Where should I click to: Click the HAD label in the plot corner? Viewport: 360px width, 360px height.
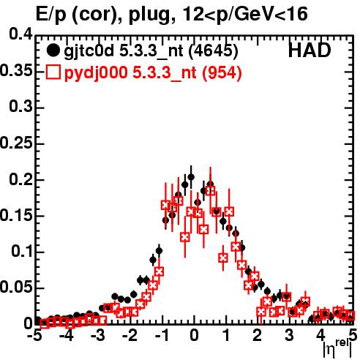click(310, 50)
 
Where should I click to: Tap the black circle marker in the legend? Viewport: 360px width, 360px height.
click(53, 50)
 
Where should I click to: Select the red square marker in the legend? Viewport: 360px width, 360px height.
click(53, 72)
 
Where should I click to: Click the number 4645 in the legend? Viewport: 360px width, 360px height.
click(213, 50)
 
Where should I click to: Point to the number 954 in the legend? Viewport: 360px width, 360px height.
click(222, 72)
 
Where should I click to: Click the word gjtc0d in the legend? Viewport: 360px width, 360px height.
click(89, 51)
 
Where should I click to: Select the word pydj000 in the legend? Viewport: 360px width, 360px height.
click(96, 73)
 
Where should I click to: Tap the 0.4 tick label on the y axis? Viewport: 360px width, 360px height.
click(20, 34)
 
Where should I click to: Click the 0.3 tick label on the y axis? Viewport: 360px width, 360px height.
click(20, 107)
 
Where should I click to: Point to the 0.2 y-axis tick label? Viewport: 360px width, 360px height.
click(20, 179)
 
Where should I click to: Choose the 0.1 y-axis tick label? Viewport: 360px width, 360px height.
click(22, 251)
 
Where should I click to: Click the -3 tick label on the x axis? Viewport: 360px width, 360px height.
click(97, 336)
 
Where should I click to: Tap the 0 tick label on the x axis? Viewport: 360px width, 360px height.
click(194, 336)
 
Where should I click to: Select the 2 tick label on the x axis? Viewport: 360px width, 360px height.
click(258, 336)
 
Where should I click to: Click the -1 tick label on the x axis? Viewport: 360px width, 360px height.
click(161, 336)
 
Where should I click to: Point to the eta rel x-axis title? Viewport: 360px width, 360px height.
click(337, 348)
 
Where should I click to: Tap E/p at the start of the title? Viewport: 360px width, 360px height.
click(51, 15)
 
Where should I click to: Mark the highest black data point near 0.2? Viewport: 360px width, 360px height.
click(191, 177)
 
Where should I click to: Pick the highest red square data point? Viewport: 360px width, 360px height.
click(210, 190)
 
